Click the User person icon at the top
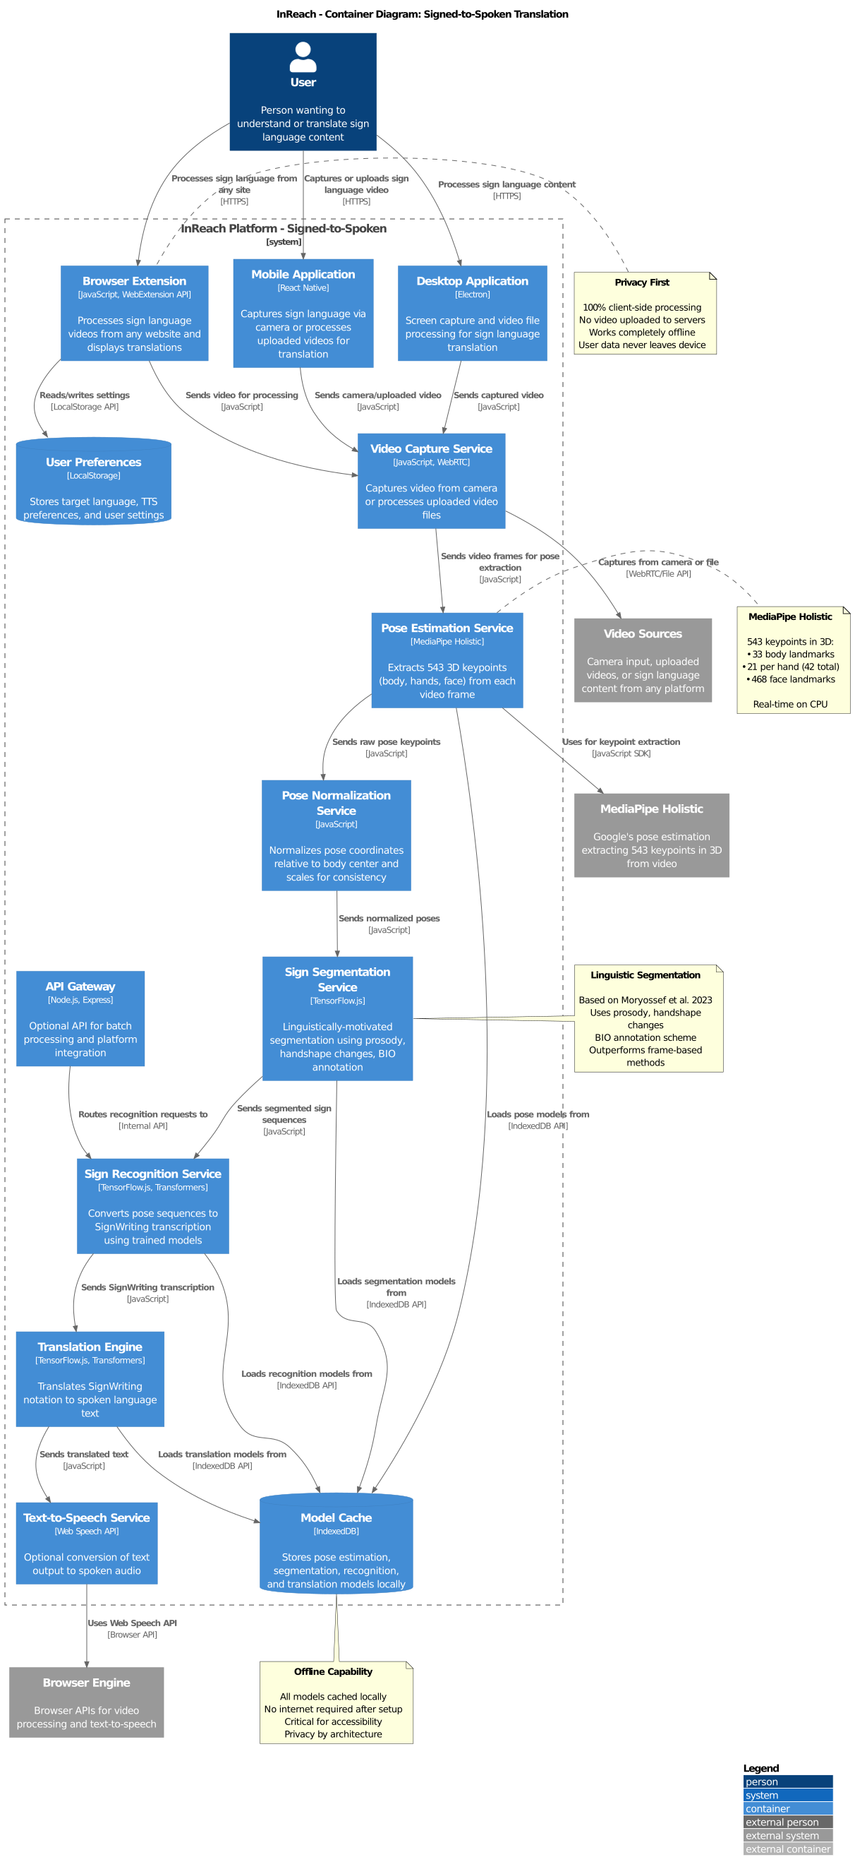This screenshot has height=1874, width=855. pyautogui.click(x=303, y=56)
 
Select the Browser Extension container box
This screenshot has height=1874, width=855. pyautogui.click(x=135, y=314)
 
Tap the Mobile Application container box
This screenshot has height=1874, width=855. pyautogui.click(x=303, y=314)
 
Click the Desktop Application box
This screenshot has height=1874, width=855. pyautogui.click(x=472, y=314)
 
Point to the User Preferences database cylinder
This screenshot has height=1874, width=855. pyautogui.click(x=93, y=482)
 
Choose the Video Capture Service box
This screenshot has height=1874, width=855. pyautogui.click(x=431, y=481)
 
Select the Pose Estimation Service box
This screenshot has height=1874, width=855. pyautogui.click(x=447, y=660)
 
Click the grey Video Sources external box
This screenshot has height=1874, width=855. pyautogui.click(x=642, y=660)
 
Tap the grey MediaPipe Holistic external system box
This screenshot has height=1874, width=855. pyautogui.click(x=651, y=835)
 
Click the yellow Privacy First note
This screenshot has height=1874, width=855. pyautogui.click(x=645, y=314)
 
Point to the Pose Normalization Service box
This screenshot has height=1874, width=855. pyautogui.click(x=336, y=835)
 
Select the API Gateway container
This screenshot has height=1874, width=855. pyautogui.click(x=80, y=1018)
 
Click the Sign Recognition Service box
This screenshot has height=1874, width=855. pyautogui.click(x=152, y=1205)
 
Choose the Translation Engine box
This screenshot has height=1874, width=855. pyautogui.click(x=90, y=1378)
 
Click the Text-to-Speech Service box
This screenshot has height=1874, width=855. pyautogui.click(x=86, y=1543)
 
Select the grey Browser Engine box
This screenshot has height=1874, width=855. pyautogui.click(x=86, y=1702)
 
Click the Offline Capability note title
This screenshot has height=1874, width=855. pyautogui.click(x=333, y=1671)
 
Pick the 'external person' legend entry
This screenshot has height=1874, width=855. pyautogui.click(x=787, y=1822)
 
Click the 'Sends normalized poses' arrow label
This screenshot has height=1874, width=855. pyautogui.click(x=388, y=918)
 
